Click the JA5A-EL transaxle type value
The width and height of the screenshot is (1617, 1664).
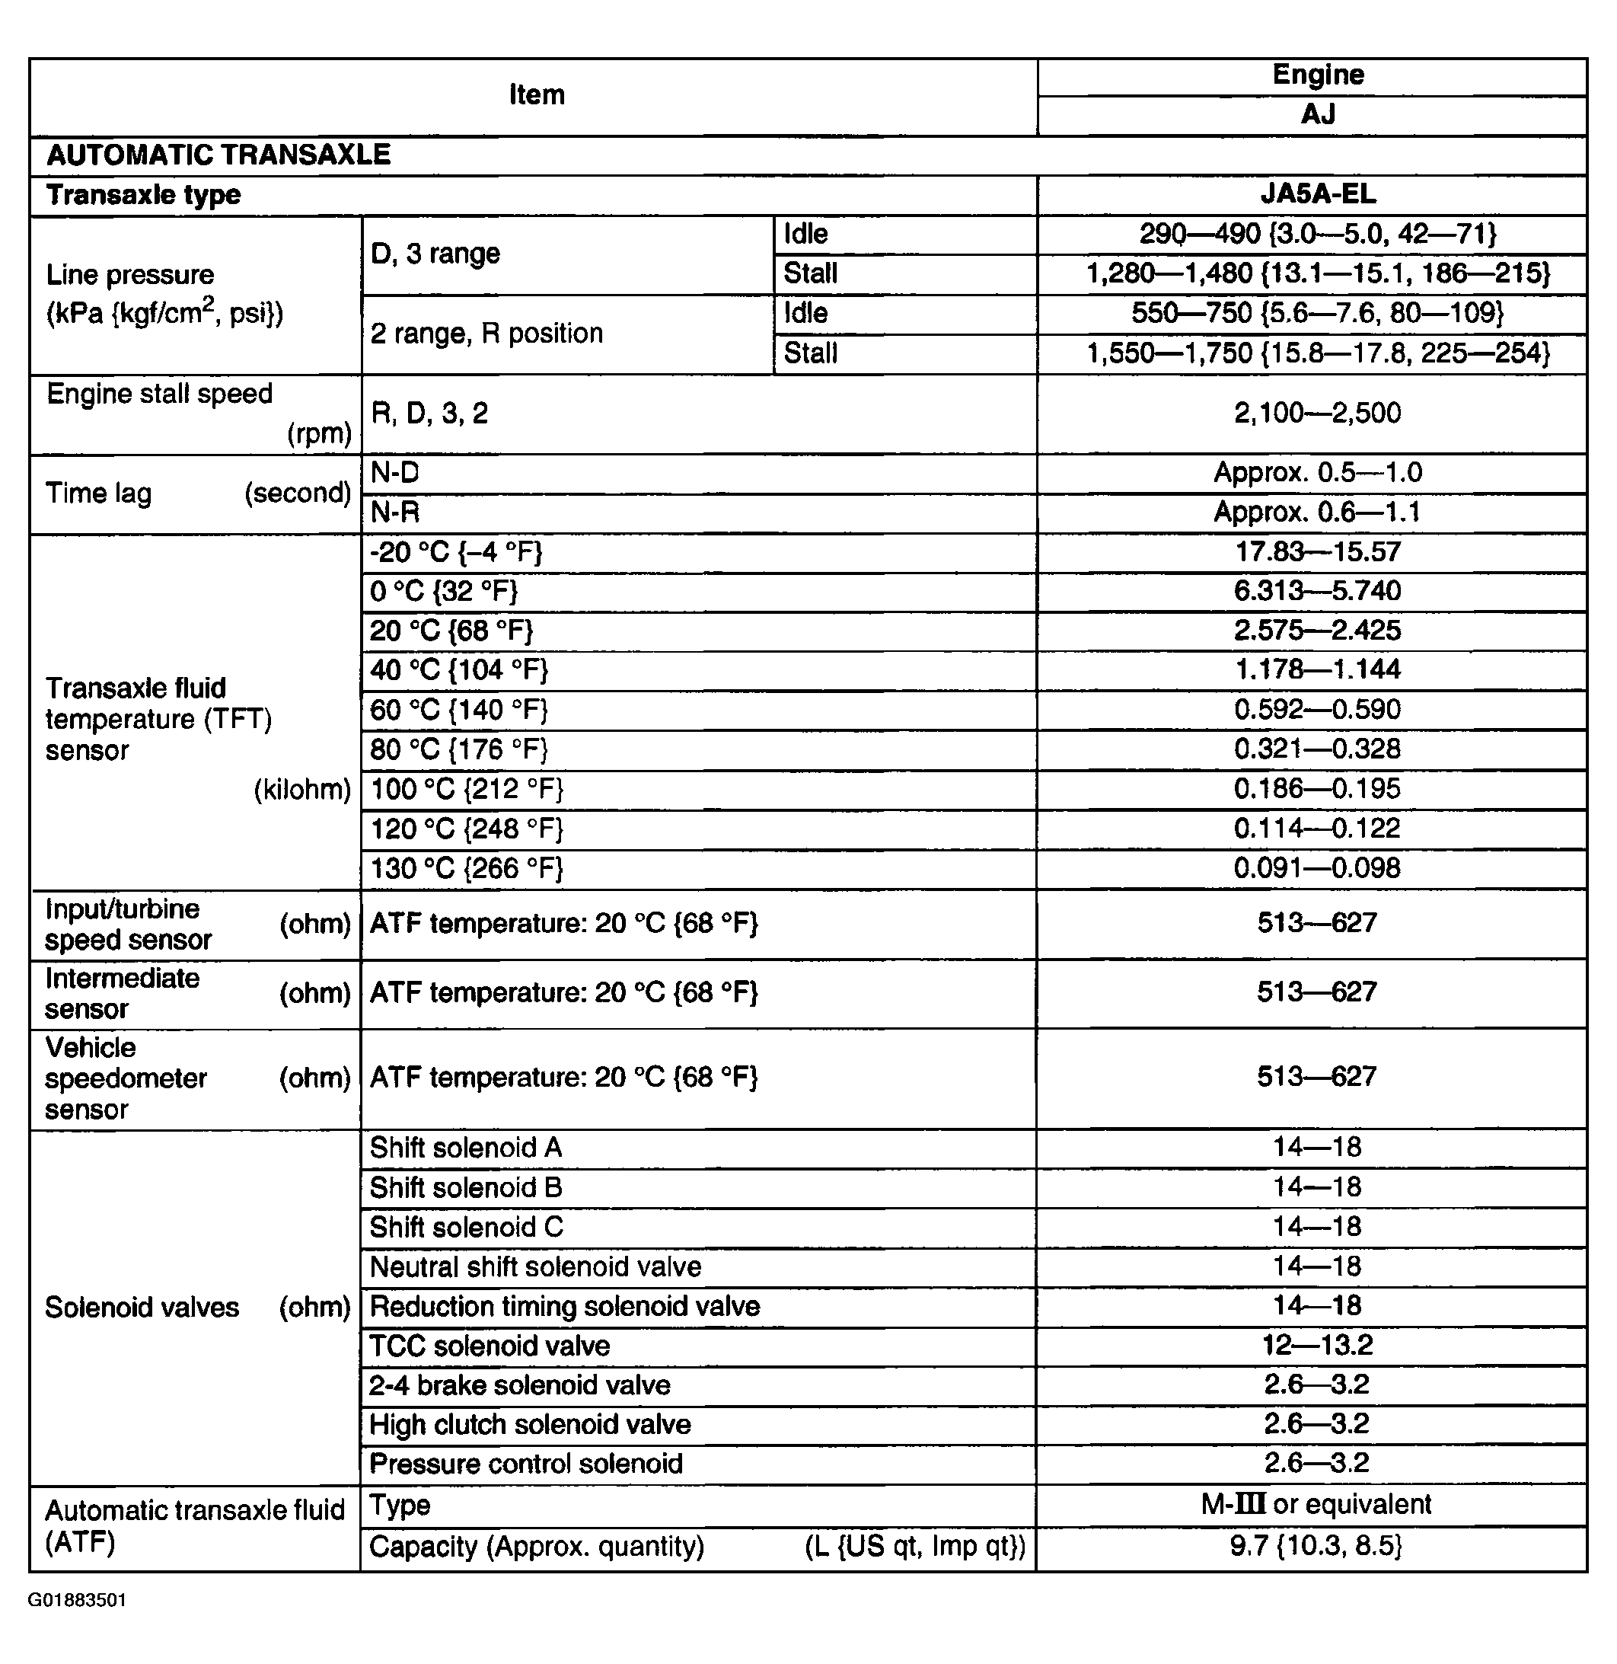[1317, 194]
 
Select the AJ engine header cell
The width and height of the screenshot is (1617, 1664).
[1317, 113]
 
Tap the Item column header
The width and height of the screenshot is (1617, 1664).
[536, 94]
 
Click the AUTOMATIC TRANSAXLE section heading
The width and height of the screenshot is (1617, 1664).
[218, 155]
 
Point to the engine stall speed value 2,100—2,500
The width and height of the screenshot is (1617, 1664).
[1317, 414]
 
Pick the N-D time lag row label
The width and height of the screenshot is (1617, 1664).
[395, 473]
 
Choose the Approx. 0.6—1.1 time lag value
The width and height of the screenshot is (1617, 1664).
[1317, 513]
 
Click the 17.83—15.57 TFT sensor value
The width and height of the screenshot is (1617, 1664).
[1317, 552]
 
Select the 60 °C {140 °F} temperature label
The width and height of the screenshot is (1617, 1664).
[458, 710]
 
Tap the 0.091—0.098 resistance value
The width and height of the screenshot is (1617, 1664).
[1317, 868]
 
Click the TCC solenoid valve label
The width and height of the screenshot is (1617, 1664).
[490, 1346]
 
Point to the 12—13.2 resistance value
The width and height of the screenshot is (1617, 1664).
[1317, 1346]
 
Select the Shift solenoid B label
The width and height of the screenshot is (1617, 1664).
[466, 1187]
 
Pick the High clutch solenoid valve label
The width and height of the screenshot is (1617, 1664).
[530, 1424]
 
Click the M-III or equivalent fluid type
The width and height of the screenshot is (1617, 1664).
[1317, 1504]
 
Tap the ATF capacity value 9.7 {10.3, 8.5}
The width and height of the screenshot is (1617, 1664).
[1317, 1546]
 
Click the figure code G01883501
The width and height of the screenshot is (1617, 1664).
[78, 1600]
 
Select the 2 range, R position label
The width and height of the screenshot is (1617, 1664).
[486, 334]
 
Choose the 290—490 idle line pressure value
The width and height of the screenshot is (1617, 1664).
[1317, 235]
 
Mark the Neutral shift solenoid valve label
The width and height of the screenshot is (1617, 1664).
[536, 1267]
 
